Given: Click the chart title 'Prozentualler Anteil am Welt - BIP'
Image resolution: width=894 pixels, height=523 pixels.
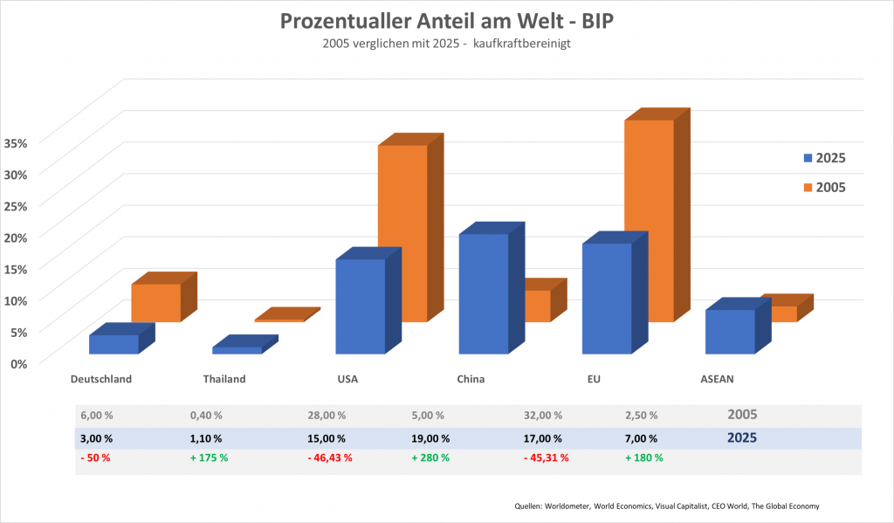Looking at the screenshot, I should pos(446,20).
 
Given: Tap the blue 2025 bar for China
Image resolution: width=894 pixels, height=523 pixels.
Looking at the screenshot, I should pos(484,293).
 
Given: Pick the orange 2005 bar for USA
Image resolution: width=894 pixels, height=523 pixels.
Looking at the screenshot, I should pos(402,232).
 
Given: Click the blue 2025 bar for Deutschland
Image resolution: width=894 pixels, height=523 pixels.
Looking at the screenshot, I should pos(113,344).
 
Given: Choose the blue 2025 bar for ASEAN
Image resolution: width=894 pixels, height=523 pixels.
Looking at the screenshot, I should pos(730,331).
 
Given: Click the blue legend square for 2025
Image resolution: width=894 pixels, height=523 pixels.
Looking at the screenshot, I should pos(808,158).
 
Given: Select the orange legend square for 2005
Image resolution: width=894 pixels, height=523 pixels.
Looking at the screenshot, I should pos(808,187).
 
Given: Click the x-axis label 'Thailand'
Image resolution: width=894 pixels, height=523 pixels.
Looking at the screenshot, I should pos(224,379).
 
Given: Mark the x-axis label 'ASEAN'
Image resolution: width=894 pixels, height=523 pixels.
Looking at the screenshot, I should pos(718,379).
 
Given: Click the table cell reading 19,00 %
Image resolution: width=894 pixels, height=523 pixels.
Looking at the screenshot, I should pos(430,438).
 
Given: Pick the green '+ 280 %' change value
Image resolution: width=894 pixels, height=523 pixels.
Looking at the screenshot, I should pos(430,458).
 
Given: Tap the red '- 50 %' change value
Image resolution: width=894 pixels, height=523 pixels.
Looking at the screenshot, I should pos(95,458).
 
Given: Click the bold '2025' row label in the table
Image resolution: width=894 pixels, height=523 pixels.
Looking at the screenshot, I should pos(741,438).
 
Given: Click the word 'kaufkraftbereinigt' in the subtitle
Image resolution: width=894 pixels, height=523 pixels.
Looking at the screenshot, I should pos(521,44).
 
